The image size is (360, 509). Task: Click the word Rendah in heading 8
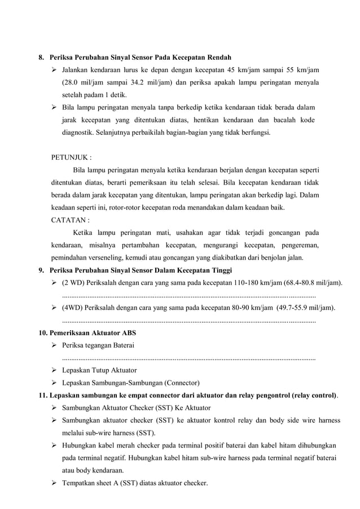(219, 58)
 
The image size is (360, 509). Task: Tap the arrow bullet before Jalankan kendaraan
(55, 70)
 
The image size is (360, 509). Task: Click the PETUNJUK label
(71, 157)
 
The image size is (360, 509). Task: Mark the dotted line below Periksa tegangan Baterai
(188, 358)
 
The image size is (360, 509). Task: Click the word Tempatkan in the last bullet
(81, 483)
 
